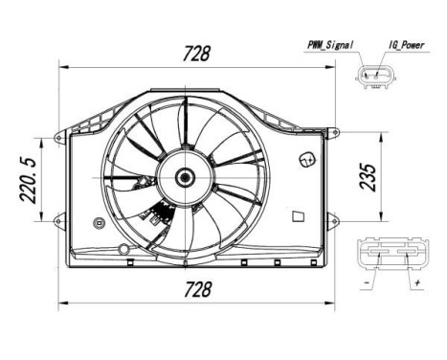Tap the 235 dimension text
click(369, 175)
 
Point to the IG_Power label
click(408, 44)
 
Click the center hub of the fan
click(183, 176)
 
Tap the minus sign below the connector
click(368, 284)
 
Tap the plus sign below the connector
click(417, 284)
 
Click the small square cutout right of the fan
click(298, 217)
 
